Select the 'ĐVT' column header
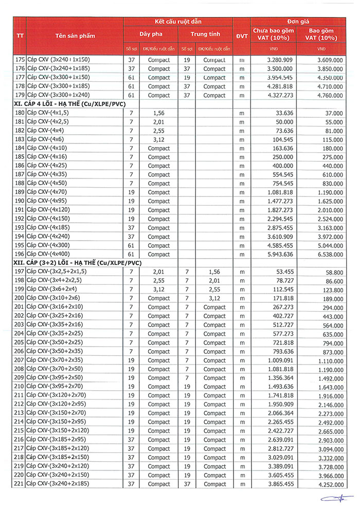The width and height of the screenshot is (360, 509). pyautogui.click(x=241, y=36)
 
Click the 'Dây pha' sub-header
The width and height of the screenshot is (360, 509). pyautogui.click(x=151, y=34)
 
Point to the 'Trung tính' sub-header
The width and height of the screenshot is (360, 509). pyautogui.click(x=205, y=34)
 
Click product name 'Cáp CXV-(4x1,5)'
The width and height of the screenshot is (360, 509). pyautogui.click(x=47, y=113)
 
